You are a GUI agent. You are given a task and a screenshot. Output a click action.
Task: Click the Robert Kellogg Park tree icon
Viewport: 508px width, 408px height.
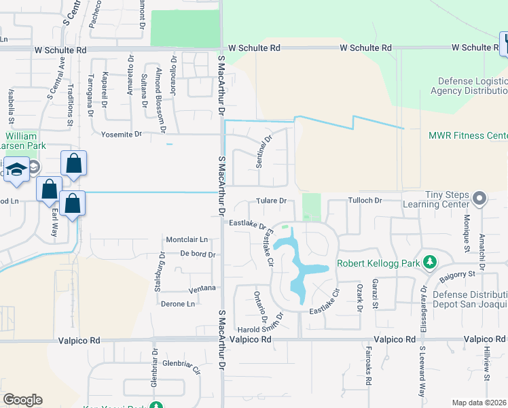[429, 262]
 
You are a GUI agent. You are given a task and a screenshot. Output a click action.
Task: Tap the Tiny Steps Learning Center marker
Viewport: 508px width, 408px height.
[480, 199]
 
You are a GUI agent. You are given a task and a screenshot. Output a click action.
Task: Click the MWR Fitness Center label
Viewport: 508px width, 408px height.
[468, 135]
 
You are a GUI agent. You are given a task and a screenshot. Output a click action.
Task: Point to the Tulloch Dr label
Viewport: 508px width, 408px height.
[366, 201]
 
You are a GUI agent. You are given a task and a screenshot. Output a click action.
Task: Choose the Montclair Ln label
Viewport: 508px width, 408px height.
[187, 240]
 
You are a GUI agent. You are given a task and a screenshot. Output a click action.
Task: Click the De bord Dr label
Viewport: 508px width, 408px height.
[198, 254]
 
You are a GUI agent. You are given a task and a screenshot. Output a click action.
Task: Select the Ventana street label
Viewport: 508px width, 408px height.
[202, 288]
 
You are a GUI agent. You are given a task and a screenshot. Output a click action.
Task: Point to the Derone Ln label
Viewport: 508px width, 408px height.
[178, 303]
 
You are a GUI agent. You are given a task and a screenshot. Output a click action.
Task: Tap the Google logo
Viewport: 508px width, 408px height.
[22, 400]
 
